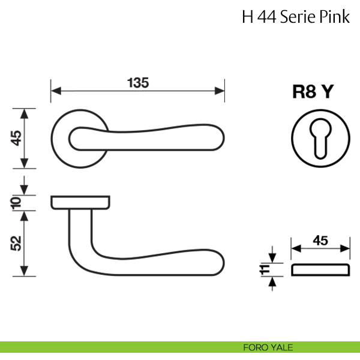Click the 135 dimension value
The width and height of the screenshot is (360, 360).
(x=137, y=82)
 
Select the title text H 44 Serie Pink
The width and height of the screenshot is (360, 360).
(x=295, y=16)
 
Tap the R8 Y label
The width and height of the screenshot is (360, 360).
(x=313, y=92)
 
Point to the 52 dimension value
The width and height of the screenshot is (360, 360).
(x=16, y=242)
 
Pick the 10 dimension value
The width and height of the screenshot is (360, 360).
(x=16, y=203)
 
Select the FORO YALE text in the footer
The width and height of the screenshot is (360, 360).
(x=268, y=347)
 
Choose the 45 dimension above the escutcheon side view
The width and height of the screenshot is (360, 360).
(x=320, y=241)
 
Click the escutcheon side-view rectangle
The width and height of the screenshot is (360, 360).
(x=320, y=269)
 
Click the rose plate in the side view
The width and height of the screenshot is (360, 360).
(x=80, y=202)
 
